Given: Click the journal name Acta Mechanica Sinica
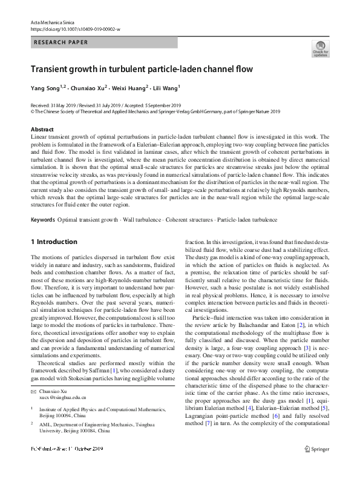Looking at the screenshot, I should [x=54, y=22].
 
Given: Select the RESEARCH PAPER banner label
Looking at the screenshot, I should [x=61, y=42].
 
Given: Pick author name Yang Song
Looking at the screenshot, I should [x=46, y=88].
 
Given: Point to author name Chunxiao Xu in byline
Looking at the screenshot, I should [x=90, y=88].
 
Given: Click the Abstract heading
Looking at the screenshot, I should [x=42, y=130].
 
